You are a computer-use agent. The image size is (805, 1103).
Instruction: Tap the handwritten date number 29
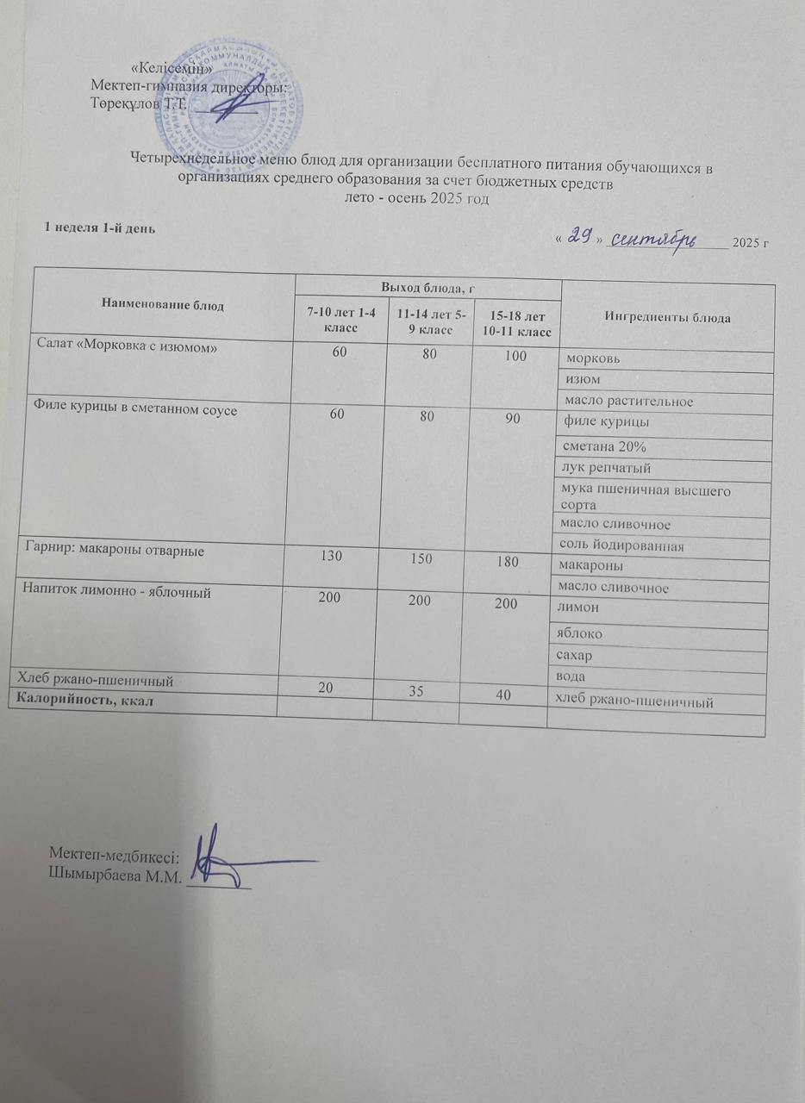(x=580, y=238)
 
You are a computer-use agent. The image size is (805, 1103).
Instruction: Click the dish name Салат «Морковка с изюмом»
(x=127, y=345)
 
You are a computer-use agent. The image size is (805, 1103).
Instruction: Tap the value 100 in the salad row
(x=516, y=354)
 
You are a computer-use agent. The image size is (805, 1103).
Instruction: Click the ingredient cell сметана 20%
(x=604, y=447)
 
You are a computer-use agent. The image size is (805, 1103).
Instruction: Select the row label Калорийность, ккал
(x=87, y=700)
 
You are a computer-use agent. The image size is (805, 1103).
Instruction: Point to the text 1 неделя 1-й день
(x=100, y=227)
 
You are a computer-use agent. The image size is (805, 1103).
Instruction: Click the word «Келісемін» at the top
(x=172, y=68)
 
